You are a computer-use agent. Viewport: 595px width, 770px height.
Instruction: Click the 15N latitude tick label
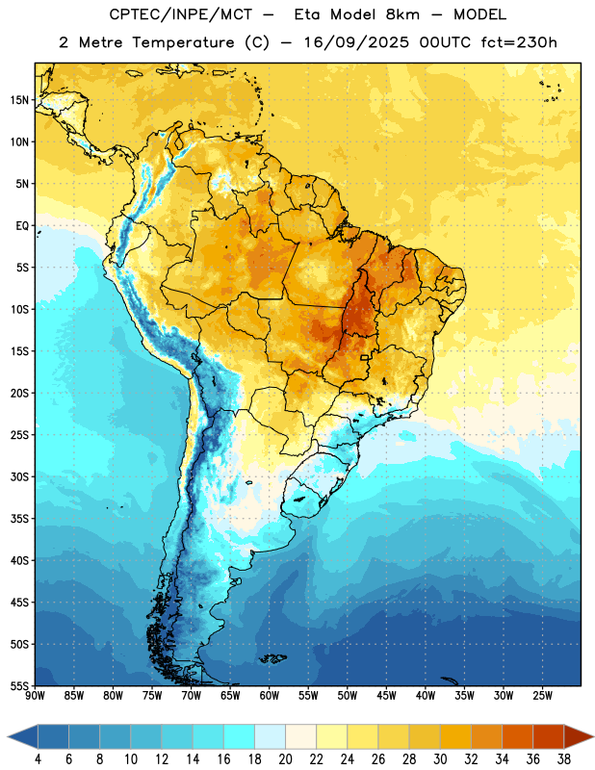(x=19, y=100)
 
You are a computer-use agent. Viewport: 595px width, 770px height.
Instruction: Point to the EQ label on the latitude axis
(x=22, y=226)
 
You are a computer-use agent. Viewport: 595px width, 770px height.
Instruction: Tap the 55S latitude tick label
(x=19, y=686)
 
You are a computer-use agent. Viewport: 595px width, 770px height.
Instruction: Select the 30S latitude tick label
(x=19, y=476)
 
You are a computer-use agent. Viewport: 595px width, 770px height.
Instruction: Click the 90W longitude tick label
(x=35, y=696)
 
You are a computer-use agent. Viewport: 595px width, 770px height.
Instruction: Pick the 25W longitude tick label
(x=542, y=696)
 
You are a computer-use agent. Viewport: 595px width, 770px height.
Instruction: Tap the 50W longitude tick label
(x=348, y=696)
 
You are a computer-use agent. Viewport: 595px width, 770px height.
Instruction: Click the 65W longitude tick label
(x=230, y=696)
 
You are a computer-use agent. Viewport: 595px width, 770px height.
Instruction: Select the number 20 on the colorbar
(x=285, y=759)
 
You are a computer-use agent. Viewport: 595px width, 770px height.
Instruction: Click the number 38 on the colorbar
(x=564, y=759)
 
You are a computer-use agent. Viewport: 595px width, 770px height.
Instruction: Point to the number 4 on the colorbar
(x=38, y=759)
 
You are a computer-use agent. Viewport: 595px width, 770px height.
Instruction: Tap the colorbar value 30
(x=440, y=759)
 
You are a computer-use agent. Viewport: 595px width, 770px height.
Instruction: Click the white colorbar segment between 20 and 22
(x=300, y=737)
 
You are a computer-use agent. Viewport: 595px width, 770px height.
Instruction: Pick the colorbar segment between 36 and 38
(x=549, y=737)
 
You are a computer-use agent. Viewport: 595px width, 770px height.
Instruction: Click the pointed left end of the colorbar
(x=9, y=737)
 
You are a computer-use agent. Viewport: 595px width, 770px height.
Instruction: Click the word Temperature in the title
(x=183, y=42)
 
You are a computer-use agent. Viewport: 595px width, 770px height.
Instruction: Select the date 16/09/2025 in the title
(x=355, y=42)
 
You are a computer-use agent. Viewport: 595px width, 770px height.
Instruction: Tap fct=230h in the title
(x=519, y=42)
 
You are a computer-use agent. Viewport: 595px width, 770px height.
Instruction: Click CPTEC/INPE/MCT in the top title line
(x=180, y=14)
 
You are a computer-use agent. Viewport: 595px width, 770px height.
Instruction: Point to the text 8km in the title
(x=402, y=14)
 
